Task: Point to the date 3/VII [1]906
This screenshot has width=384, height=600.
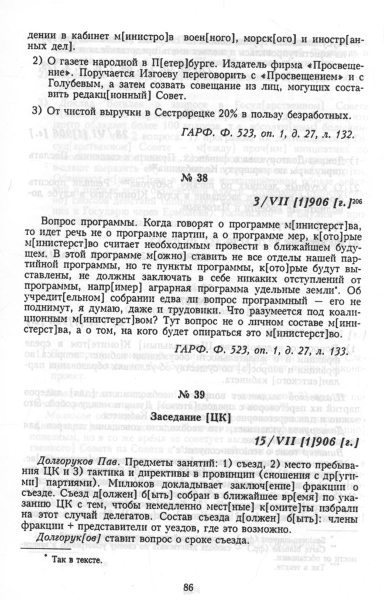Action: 299,203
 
